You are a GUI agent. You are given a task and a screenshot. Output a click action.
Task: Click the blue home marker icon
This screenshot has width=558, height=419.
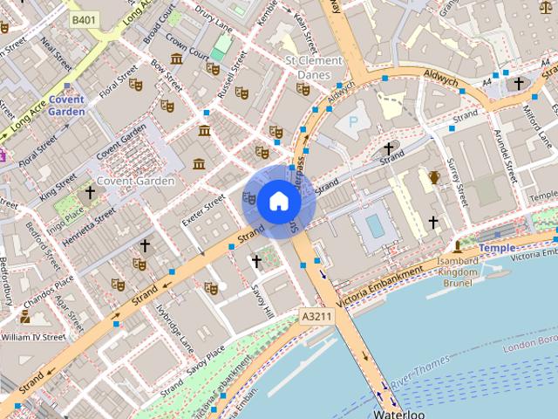pyautogui.click(x=278, y=202)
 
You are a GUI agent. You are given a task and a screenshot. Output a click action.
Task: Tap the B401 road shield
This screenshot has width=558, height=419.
pyautogui.click(x=85, y=19)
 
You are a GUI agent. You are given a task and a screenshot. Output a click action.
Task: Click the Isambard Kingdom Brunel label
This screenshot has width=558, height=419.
pyautogui.click(x=459, y=271)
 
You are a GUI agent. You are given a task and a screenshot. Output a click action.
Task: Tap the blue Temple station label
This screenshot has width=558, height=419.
pyautogui.click(x=496, y=248)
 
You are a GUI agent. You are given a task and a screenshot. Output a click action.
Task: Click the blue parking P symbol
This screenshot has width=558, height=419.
pyautogui.click(x=353, y=122)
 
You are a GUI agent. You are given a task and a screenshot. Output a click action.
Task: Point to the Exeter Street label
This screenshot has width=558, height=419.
pyautogui.click(x=203, y=209)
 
